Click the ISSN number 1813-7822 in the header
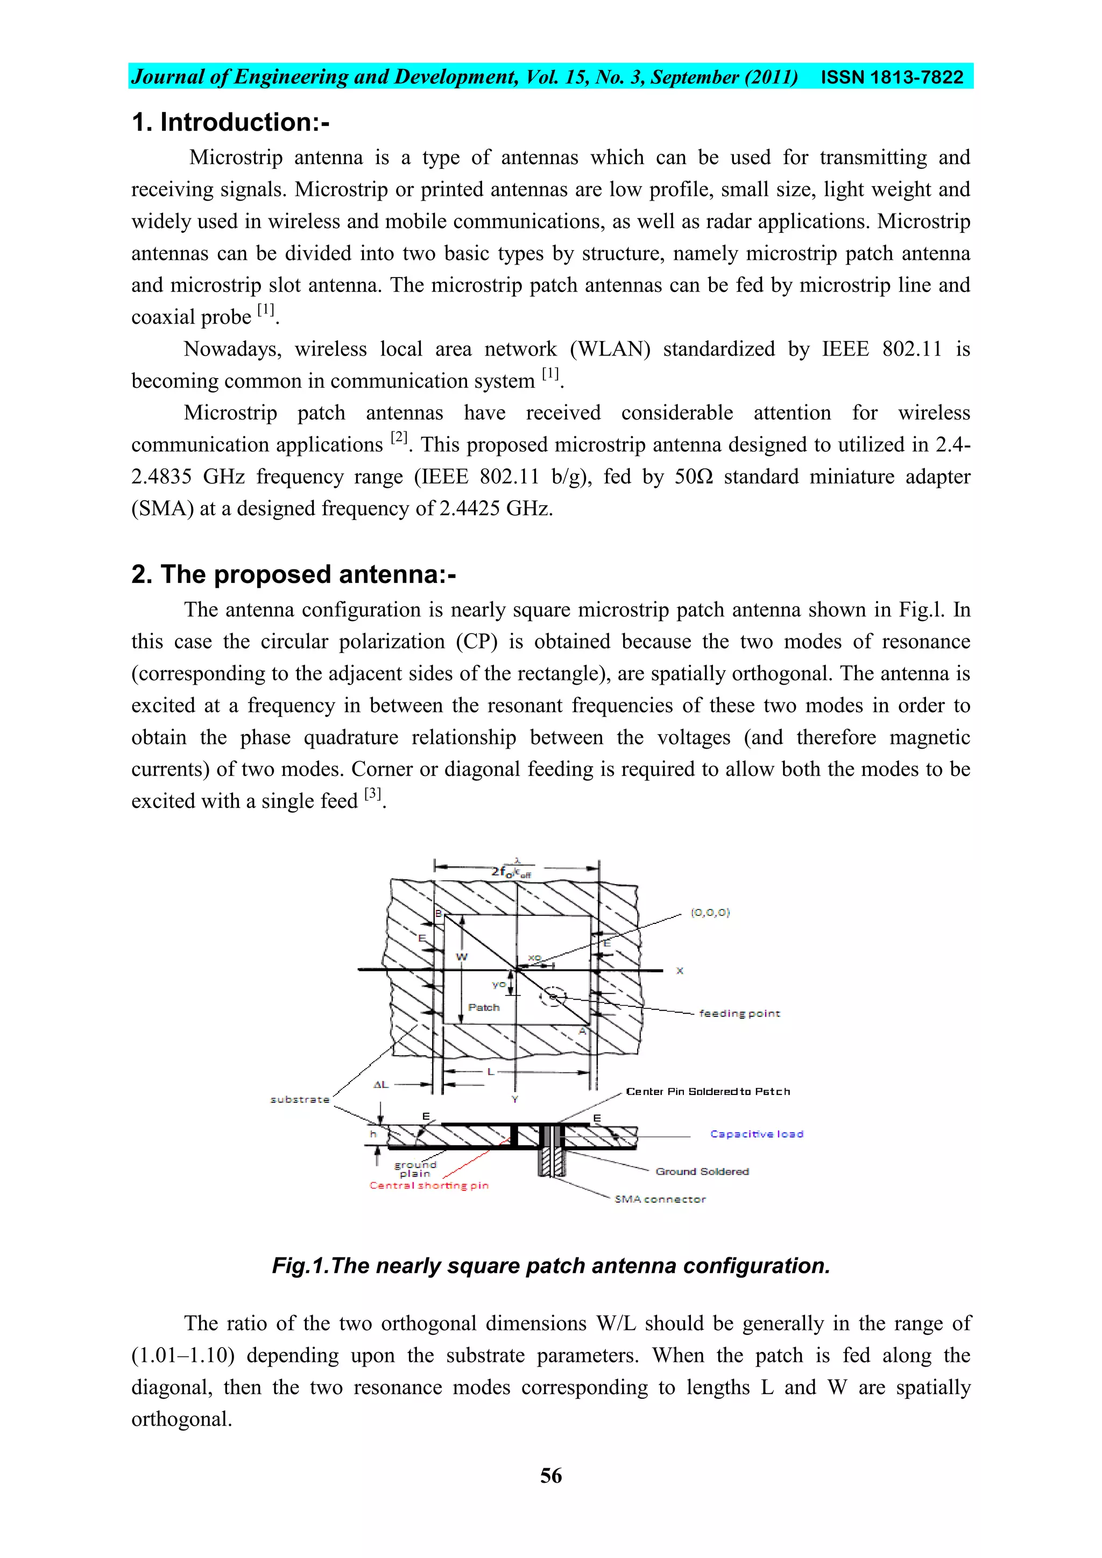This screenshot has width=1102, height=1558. click(x=892, y=77)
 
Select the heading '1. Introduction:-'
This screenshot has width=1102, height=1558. click(x=230, y=123)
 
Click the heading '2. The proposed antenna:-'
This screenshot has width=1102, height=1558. click(x=293, y=575)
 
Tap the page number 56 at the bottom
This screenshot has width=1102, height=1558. click(x=550, y=1476)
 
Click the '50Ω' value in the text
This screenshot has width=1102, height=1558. click(x=693, y=477)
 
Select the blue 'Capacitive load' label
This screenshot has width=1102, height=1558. click(x=757, y=1134)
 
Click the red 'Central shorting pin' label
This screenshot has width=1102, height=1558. click(x=428, y=1185)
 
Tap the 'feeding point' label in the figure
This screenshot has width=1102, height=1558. click(x=739, y=1013)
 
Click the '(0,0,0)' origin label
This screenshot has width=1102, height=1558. click(x=710, y=913)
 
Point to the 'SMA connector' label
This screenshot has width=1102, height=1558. click(x=660, y=1199)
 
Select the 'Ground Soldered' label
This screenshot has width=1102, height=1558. click(x=702, y=1171)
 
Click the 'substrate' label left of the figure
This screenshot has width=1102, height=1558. click(x=299, y=1099)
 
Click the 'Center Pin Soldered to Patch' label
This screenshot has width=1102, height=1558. click(x=708, y=1091)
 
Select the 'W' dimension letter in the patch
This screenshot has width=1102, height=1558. click(x=462, y=957)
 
